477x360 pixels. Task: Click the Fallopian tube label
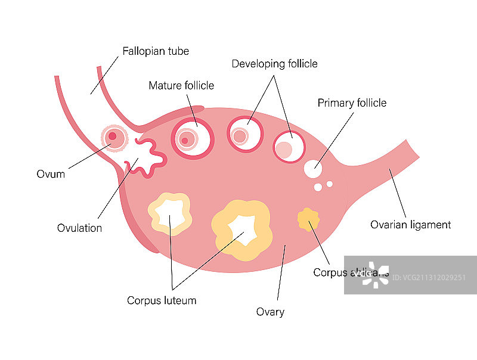[x=156, y=51]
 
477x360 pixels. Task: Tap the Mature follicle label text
[x=181, y=86]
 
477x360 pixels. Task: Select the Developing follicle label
[x=274, y=64]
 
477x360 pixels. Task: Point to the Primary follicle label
[x=352, y=103]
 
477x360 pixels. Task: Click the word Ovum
[x=50, y=175]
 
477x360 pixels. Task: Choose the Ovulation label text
[x=79, y=228]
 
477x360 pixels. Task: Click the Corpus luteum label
[x=162, y=300]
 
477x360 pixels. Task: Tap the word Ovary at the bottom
[x=270, y=312]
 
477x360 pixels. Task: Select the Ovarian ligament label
[x=410, y=225]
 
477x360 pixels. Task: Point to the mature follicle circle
[x=193, y=138]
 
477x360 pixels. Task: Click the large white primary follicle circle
[x=312, y=169]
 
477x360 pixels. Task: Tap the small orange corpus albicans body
[x=308, y=220]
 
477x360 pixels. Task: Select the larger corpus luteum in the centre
[x=242, y=229]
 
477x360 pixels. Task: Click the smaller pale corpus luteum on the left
[x=170, y=214]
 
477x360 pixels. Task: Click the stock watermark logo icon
[x=376, y=275]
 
